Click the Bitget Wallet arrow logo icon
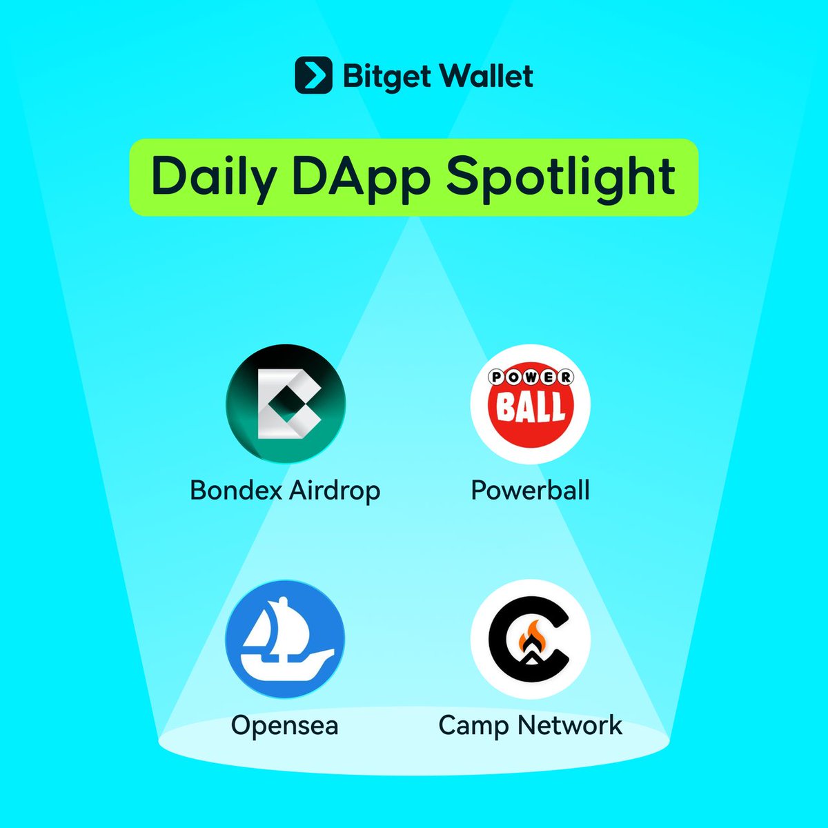tap(313, 75)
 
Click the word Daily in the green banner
tap(214, 178)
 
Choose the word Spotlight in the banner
tap(561, 178)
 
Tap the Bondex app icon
tap(286, 404)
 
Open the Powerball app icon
tap(530, 404)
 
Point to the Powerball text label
tap(530, 490)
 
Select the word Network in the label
tap(570, 725)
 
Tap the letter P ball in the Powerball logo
tap(497, 377)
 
